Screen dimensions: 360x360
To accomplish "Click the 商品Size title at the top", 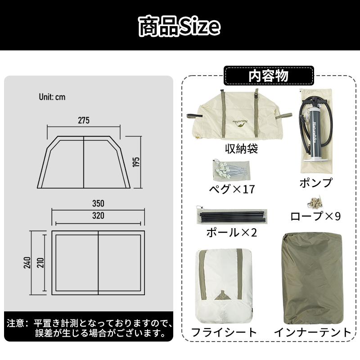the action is [179, 26].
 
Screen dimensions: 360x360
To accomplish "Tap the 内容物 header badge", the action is [269, 76].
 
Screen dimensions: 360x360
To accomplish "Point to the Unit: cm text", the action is [52, 97].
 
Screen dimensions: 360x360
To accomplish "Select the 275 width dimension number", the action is [84, 120].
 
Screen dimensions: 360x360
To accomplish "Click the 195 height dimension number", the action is [136, 162].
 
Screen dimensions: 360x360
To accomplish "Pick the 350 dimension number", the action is [98, 203].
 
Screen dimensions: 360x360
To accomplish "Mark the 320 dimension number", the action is [98, 216].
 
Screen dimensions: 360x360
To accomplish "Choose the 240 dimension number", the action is [27, 263].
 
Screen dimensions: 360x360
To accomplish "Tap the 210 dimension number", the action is [40, 263].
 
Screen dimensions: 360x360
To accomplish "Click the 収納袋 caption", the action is [242, 148].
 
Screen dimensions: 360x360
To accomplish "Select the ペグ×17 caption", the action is [232, 189].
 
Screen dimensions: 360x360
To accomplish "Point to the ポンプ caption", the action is [316, 183].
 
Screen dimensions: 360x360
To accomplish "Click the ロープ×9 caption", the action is [315, 216].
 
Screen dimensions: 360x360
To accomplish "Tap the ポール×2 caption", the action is [231, 233].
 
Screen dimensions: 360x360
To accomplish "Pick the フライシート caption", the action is [224, 332].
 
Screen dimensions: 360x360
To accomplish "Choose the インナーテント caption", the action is [313, 332].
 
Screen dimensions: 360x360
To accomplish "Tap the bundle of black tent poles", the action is [232, 216].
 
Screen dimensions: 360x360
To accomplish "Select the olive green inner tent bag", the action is [312, 278].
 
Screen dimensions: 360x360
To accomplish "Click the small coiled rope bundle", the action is [314, 202].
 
